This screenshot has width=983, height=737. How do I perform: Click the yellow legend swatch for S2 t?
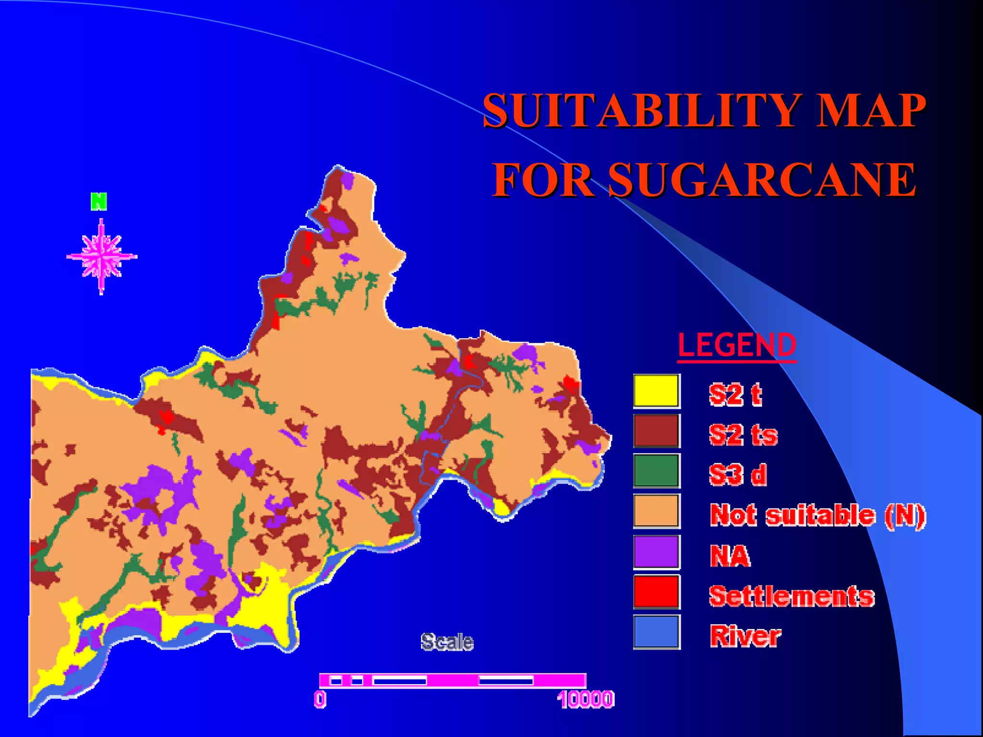click(656, 391)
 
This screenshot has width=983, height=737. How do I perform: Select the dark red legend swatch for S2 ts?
click(656, 431)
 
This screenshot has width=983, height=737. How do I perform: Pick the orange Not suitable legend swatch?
click(656, 511)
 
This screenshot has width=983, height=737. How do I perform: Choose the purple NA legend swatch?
click(656, 552)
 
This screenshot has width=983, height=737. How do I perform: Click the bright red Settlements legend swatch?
click(656, 592)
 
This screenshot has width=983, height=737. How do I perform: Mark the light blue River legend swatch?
click(656, 632)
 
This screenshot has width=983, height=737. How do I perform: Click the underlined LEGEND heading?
click(737, 345)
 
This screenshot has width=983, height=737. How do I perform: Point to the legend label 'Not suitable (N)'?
click(817, 515)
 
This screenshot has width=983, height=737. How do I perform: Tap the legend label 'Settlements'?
click(791, 596)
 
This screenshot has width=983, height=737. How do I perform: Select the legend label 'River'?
click(745, 636)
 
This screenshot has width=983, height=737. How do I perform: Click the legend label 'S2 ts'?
click(743, 435)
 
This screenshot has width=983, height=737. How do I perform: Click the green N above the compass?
click(99, 202)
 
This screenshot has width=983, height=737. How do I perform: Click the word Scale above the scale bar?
click(447, 642)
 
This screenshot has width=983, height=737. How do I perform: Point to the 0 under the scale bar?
click(320, 699)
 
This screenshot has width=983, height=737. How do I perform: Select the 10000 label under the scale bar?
click(586, 699)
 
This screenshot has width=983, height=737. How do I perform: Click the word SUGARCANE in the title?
click(762, 180)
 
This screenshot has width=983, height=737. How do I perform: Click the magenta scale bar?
click(452, 680)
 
